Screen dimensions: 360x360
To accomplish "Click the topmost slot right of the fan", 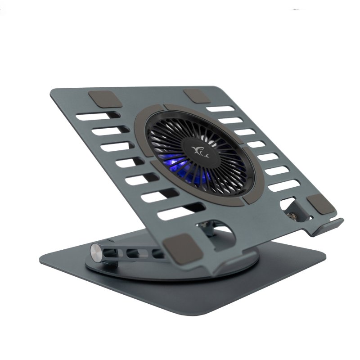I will coord(220,109).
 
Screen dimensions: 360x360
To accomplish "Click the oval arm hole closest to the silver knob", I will coord(116,252).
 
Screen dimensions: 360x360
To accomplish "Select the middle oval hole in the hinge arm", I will coord(135,253).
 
